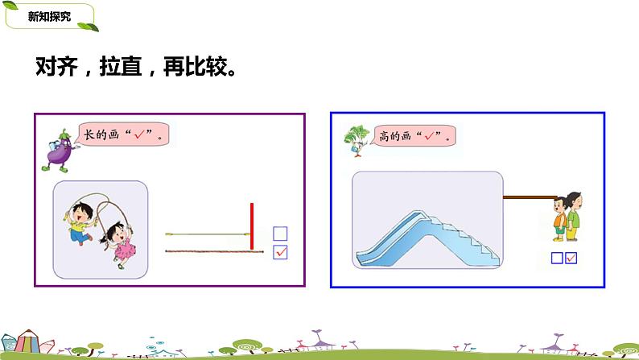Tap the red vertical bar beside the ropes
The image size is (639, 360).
(x=252, y=226)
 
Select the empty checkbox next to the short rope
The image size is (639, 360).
(x=280, y=234)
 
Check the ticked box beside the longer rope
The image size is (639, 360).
(x=280, y=252)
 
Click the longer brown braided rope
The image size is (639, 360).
(x=214, y=252)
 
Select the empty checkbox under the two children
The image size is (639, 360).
(x=557, y=259)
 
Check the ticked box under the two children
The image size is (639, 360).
(x=571, y=259)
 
